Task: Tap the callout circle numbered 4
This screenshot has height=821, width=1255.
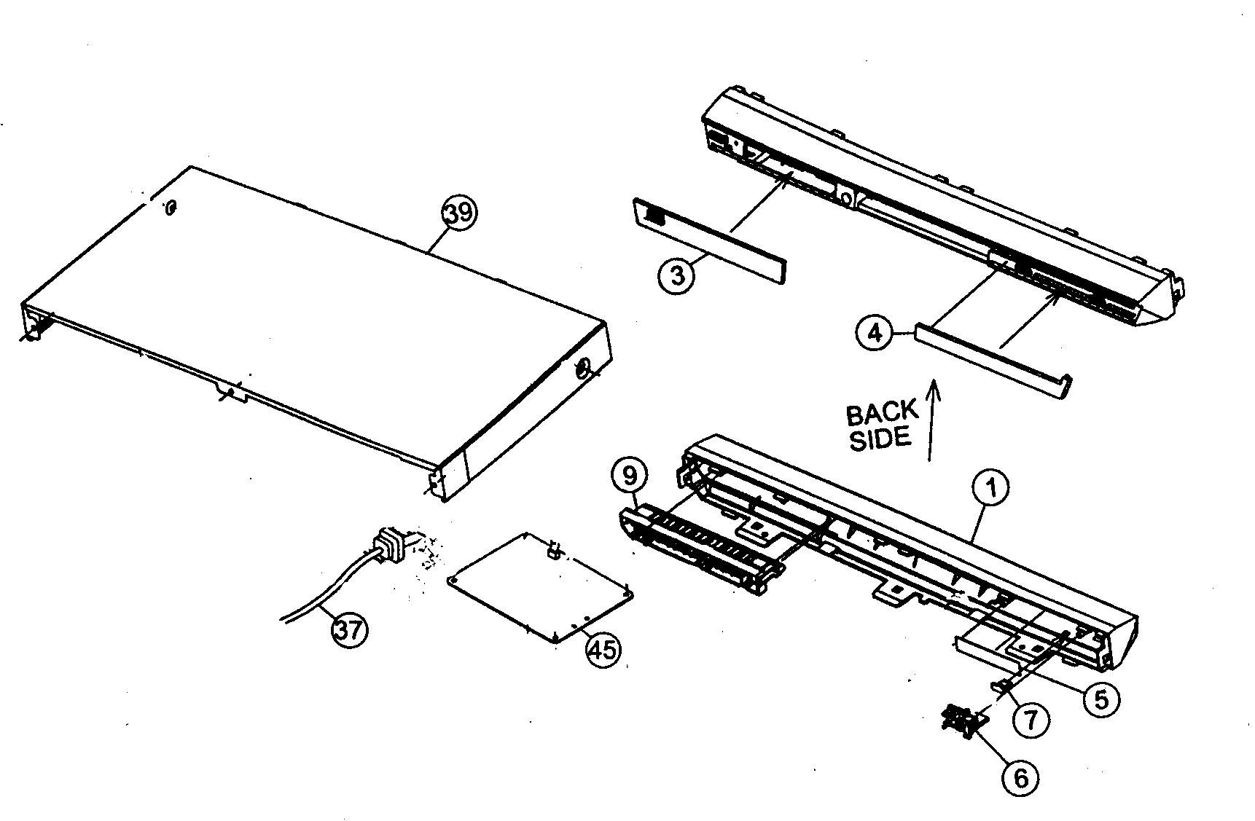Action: click(x=875, y=333)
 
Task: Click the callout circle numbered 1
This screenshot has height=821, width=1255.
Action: click(x=992, y=489)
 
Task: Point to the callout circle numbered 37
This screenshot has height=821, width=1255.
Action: click(x=349, y=629)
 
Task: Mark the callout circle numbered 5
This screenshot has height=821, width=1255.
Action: click(x=1100, y=700)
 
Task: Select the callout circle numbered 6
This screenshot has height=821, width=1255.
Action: click(x=1020, y=778)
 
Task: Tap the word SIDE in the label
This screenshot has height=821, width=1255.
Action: click(x=880, y=439)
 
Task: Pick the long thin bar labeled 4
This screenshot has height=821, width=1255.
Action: click(x=991, y=358)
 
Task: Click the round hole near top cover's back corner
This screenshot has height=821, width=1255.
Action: click(x=170, y=208)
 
